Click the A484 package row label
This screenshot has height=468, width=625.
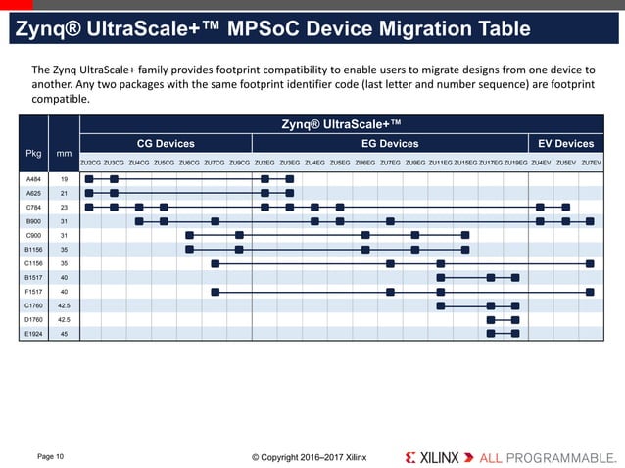tap(34, 179)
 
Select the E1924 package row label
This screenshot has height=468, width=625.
tap(34, 334)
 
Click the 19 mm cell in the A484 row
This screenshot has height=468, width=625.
tap(64, 179)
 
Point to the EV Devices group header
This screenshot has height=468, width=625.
tap(566, 144)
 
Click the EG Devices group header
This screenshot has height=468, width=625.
tap(390, 144)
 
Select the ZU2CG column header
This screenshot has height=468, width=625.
tap(90, 162)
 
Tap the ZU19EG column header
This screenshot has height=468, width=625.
tap(515, 162)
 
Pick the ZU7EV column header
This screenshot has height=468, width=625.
tap(591, 162)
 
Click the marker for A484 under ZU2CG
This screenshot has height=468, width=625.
tap(89, 179)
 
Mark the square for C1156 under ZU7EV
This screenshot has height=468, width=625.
tap(590, 263)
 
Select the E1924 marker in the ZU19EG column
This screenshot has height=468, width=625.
tap(515, 334)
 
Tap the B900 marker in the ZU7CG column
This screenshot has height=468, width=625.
tap(216, 221)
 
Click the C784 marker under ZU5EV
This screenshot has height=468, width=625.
tap(565, 208)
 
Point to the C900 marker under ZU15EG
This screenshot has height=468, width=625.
tap(465, 236)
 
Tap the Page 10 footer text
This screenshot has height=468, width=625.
tap(50, 456)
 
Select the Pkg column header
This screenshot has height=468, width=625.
tap(34, 153)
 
